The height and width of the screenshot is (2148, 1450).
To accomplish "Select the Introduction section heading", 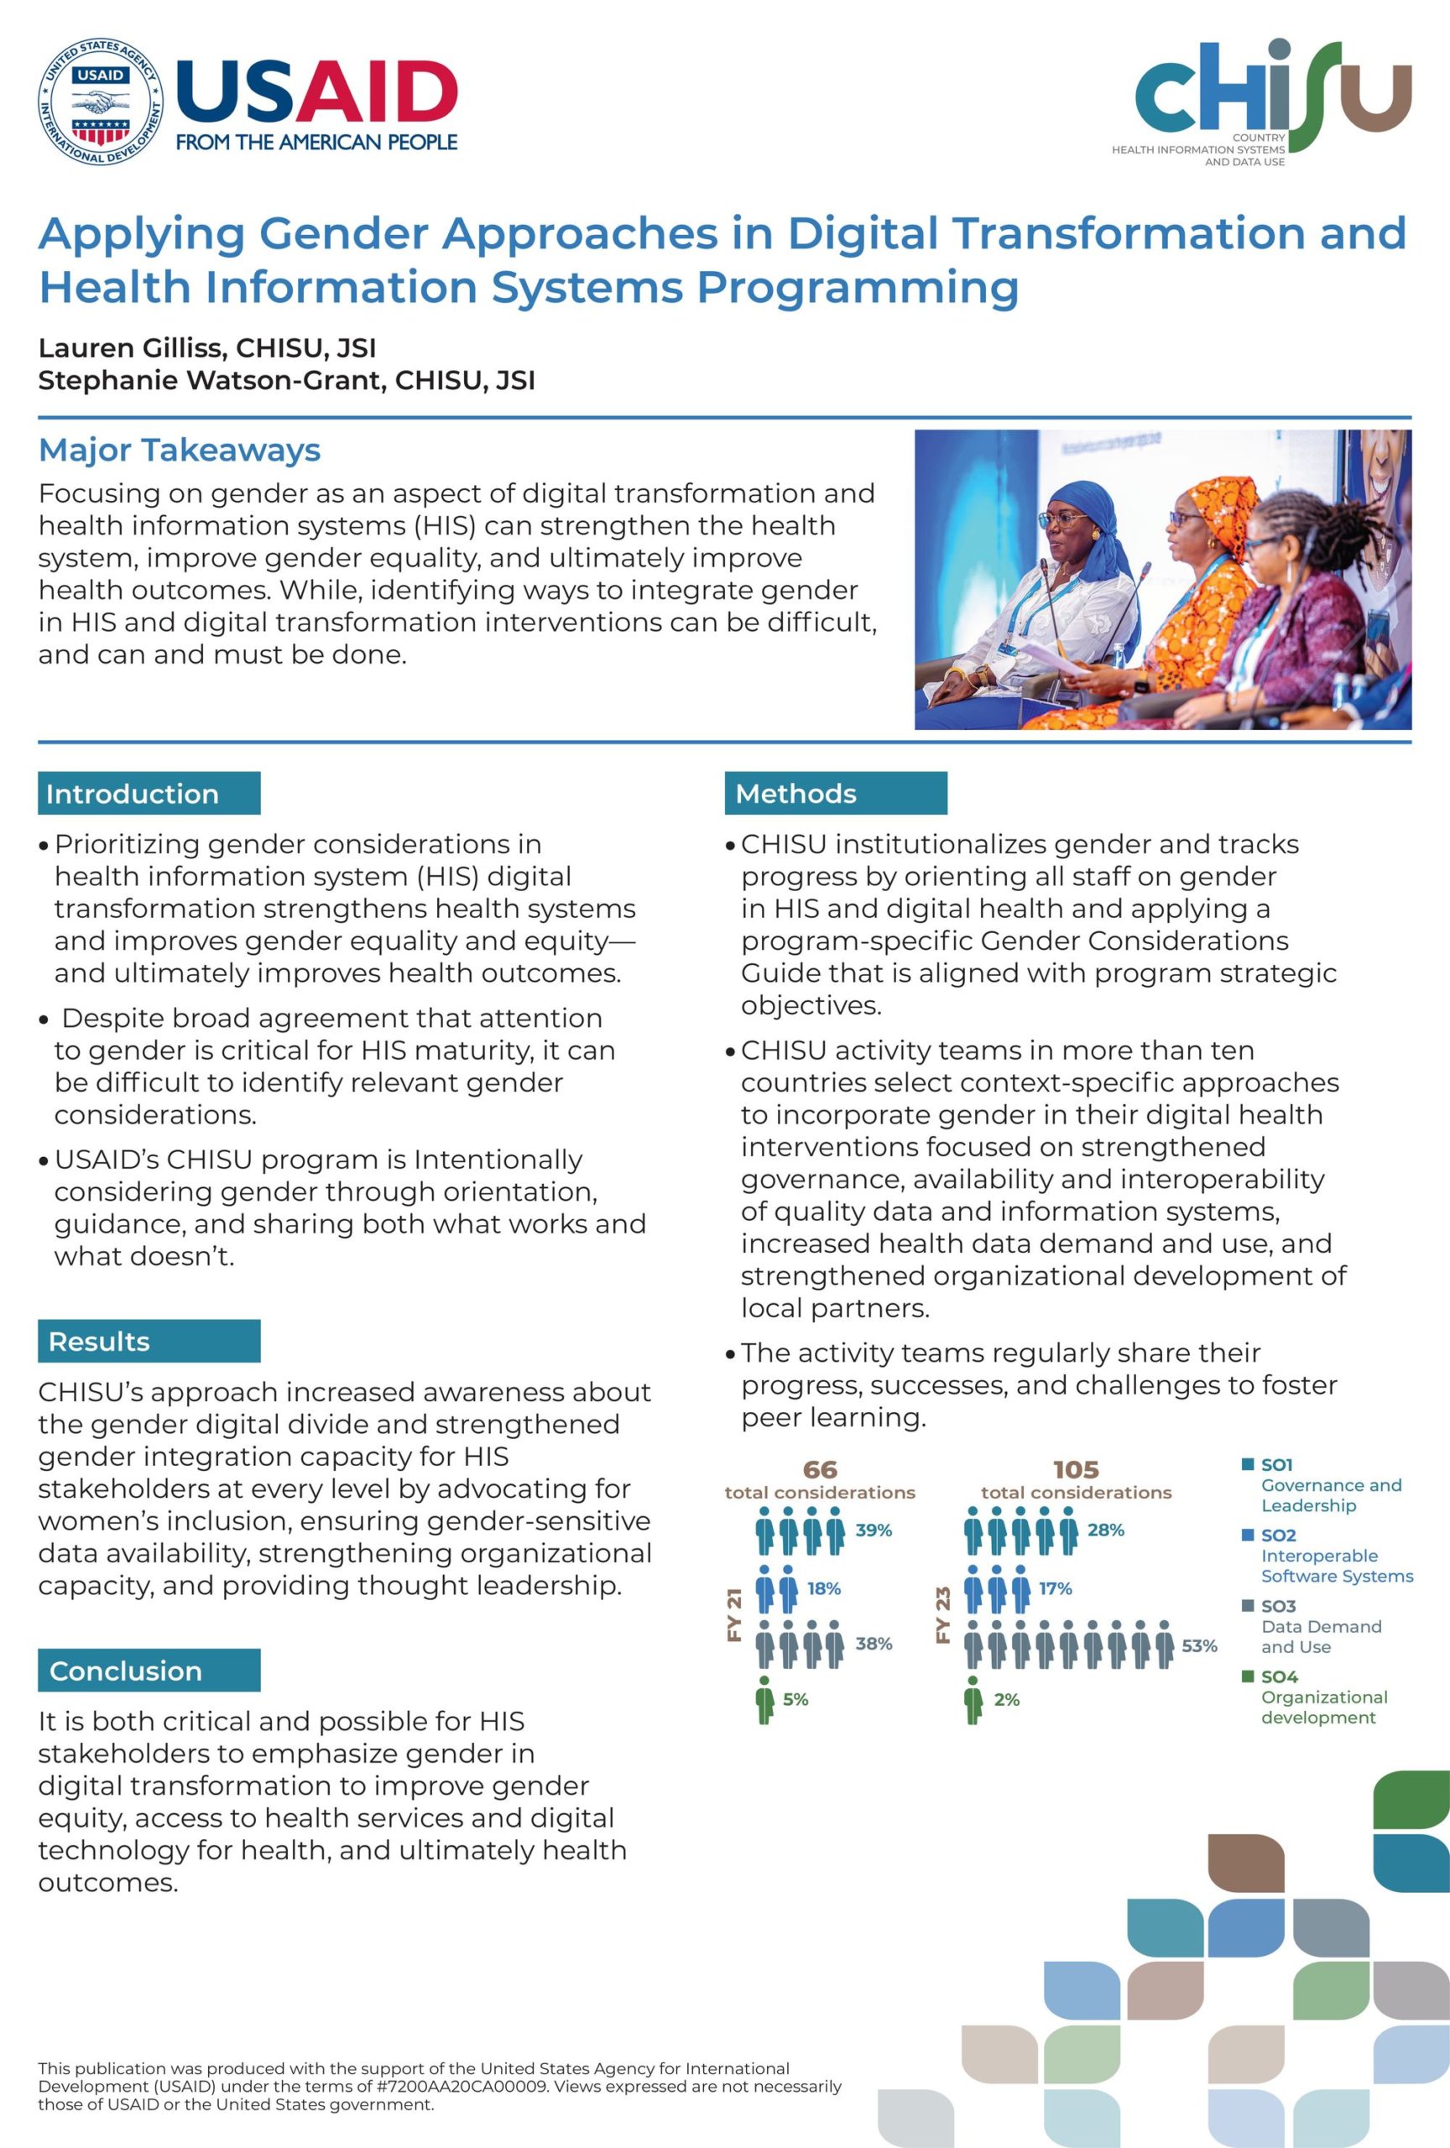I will click(132, 793).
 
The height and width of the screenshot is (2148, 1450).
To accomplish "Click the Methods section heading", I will click(795, 793).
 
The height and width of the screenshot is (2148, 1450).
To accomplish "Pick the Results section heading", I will click(99, 1341).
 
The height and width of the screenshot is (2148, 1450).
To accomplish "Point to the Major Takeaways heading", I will click(180, 450).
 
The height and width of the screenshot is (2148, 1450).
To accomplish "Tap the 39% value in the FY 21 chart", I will click(874, 1530).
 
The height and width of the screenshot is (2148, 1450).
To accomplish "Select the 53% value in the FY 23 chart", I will click(1198, 1646).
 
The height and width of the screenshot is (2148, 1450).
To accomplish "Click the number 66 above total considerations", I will click(820, 1469).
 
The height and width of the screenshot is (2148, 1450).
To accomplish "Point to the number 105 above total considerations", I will click(1076, 1469).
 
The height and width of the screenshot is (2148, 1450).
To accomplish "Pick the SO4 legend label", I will click(1279, 1676).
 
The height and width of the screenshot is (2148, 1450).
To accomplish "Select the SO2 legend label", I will click(1279, 1535).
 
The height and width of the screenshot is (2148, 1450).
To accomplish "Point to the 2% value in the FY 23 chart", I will click(1006, 1700).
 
